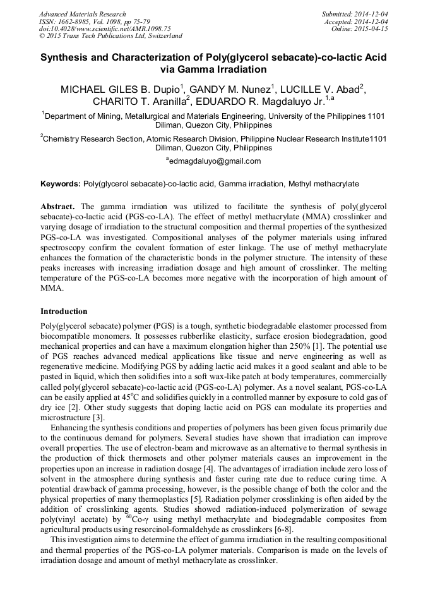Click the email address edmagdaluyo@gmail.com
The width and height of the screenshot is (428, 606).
213,161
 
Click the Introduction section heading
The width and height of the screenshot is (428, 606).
64,312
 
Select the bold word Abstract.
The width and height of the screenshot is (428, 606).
58,207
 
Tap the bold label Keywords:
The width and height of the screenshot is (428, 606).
61,184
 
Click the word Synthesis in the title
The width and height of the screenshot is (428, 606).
69,57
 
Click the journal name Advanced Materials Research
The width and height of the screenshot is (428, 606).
83,14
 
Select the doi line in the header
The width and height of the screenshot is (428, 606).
105,28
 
